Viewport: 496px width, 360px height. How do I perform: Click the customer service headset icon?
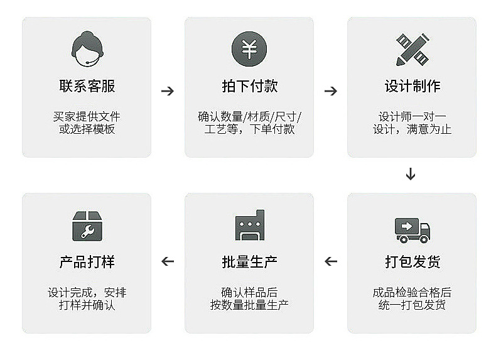pos(87,49)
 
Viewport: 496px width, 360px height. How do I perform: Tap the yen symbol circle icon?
pos(249,49)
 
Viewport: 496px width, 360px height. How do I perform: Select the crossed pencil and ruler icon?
pos(412,50)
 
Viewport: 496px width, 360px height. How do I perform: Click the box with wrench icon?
pos(87,226)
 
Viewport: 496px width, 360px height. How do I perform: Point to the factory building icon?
pos(250,225)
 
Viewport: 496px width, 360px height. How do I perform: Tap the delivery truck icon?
pos(412,230)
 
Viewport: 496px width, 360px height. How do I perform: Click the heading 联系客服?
pos(87,86)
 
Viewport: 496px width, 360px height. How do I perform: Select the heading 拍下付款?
pos(250,86)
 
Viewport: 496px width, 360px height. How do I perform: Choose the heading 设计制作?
pos(412,86)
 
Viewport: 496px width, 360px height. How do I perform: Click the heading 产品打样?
pos(87,262)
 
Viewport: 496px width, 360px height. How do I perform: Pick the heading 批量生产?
pos(250,262)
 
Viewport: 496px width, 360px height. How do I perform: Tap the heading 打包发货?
pos(412,262)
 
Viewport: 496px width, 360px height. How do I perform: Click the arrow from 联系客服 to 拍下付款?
pos(168,91)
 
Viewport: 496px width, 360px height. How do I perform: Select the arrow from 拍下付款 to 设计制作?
pos(331,91)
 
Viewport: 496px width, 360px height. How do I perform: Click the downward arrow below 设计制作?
pos(411,174)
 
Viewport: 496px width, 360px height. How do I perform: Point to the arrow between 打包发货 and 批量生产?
pos(331,261)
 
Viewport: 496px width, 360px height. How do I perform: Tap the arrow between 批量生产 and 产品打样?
pos(168,261)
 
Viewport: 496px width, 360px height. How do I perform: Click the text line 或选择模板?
pos(87,129)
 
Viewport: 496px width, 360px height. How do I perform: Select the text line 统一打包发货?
pos(412,305)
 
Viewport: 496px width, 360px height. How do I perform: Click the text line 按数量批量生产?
pos(250,305)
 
